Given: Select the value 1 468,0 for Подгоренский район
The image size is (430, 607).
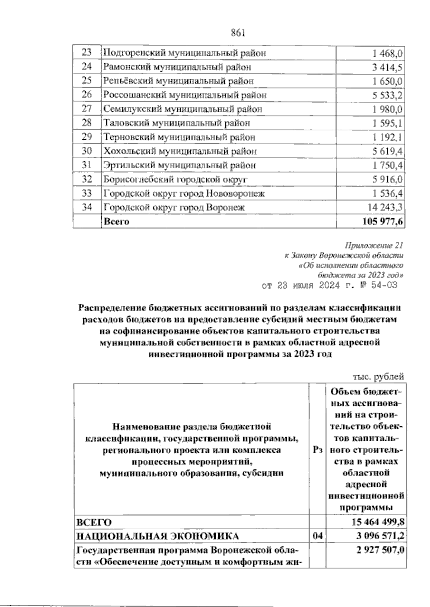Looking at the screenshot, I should tap(387, 54).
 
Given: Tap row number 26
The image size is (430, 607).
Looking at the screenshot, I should tap(87, 95).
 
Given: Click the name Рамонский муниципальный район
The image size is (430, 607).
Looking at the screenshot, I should tap(177, 67).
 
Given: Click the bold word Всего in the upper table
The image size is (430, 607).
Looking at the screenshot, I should tap(116, 222).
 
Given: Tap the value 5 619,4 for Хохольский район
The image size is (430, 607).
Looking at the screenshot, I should tap(387, 151).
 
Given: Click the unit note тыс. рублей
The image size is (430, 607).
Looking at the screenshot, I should tap(378, 376).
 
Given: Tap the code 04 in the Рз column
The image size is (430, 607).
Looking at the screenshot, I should tap(317, 536).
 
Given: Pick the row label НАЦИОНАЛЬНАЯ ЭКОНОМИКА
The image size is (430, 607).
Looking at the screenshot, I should tap(158, 536).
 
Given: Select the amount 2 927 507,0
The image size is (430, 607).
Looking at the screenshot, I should tap(379, 550).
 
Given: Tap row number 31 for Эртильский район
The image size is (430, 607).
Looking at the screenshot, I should tap(87, 165).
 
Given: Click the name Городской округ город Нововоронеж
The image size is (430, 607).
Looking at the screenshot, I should tap(184, 194).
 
